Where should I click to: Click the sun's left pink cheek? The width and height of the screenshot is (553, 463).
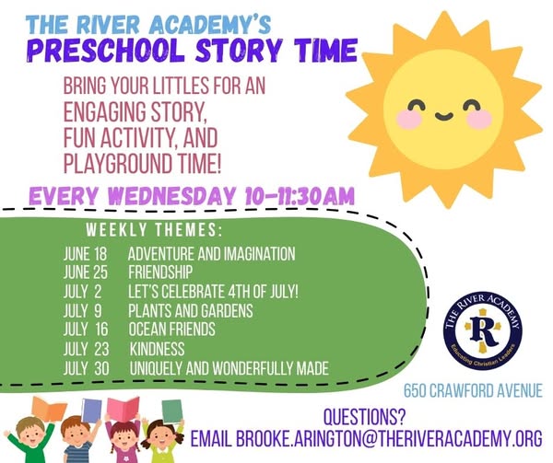point(409,119)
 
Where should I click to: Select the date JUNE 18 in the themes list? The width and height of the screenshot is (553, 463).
point(86,253)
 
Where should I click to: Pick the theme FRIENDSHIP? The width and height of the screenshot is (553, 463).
point(160,272)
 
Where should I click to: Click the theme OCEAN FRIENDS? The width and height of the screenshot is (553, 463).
point(171,330)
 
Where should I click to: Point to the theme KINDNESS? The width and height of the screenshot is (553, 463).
point(157,349)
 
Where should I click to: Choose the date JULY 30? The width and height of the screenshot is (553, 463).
point(87,368)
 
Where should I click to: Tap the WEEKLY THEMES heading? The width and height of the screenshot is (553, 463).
point(155,230)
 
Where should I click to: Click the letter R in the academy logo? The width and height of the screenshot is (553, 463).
point(483,331)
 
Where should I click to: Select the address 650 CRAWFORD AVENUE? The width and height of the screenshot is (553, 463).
point(473,391)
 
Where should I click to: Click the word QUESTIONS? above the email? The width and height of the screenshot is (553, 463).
point(364,417)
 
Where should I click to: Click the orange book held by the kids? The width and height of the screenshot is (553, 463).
point(49,410)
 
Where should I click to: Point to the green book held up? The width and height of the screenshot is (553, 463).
point(172,411)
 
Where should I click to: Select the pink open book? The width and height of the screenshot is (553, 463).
point(124,409)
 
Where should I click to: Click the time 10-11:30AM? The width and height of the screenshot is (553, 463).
point(300,196)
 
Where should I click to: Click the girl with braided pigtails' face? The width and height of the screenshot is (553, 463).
point(124,439)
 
